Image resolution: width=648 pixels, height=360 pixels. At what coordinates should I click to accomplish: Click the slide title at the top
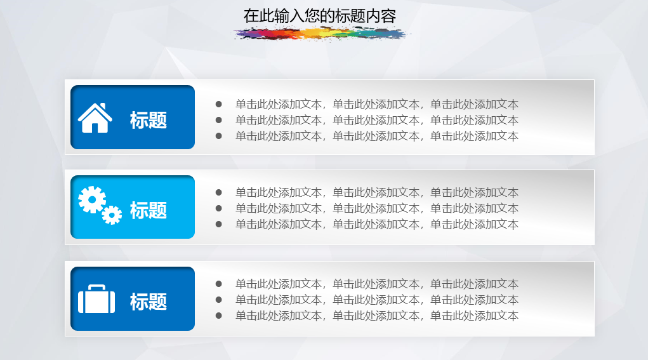(319, 16)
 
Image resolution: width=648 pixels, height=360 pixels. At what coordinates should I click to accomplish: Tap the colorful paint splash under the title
(321, 34)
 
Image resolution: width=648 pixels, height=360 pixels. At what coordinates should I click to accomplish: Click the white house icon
(95, 118)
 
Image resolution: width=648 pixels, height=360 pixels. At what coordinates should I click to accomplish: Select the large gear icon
(92, 199)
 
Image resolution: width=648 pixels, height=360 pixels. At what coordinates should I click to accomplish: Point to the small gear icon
(112, 215)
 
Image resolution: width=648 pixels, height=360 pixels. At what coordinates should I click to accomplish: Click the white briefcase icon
(96, 299)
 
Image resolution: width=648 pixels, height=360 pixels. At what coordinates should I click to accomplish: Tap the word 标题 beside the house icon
(149, 120)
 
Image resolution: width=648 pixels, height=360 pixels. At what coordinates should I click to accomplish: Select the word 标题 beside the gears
(149, 210)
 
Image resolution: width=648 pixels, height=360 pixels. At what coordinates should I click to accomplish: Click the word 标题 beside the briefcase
(149, 302)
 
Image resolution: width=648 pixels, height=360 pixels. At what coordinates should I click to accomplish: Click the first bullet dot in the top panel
(218, 104)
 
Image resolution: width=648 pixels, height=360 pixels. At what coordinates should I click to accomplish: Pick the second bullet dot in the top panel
(218, 120)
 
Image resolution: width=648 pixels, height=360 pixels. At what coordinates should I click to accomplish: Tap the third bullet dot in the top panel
(218, 136)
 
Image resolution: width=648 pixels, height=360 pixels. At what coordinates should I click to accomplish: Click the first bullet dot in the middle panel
(218, 192)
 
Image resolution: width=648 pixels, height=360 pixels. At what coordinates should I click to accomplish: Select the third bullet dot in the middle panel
(218, 224)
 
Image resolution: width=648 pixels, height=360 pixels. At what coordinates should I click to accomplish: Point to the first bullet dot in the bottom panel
(218, 284)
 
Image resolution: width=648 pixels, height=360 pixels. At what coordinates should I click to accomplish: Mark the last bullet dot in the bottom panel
(218, 316)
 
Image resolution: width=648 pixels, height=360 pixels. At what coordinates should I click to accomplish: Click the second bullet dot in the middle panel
(218, 208)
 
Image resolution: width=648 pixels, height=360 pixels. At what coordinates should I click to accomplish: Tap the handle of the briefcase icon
(96, 286)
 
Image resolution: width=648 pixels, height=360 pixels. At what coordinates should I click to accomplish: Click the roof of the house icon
(95, 110)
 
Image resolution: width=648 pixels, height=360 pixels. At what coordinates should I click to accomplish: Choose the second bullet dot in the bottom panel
(218, 300)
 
